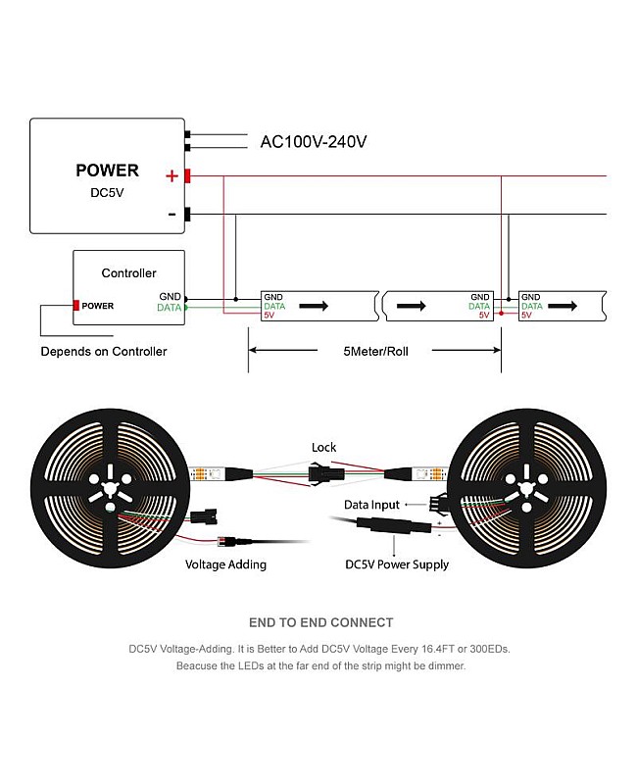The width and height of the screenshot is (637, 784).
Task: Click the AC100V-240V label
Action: click(313, 142)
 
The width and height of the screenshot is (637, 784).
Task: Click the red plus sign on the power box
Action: click(172, 176)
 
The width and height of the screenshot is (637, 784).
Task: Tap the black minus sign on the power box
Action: click(172, 214)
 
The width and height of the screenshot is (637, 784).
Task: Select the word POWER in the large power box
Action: click(107, 171)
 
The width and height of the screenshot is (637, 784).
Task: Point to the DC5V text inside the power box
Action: click(107, 193)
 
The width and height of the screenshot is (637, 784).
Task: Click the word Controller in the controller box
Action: click(128, 273)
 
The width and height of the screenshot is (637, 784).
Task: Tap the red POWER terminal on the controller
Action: click(76, 306)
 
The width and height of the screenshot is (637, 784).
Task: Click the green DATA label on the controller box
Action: click(169, 308)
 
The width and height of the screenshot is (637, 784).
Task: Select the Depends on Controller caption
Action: click(104, 351)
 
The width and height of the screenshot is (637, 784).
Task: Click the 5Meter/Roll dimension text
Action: click(375, 351)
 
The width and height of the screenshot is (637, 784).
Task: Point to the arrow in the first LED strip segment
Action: click(314, 306)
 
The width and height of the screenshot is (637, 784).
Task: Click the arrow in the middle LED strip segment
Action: click(412, 306)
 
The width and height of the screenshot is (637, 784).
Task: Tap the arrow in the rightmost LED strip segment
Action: click(563, 306)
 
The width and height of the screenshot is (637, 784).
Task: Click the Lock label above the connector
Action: click(323, 448)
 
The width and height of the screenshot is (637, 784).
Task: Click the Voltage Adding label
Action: click(226, 564)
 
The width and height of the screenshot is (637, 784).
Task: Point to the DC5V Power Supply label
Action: click(397, 564)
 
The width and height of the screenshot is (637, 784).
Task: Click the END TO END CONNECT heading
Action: click(320, 622)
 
